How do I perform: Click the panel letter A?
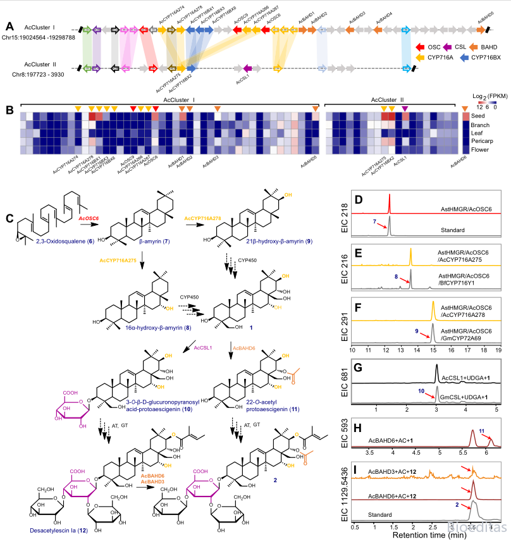point(9,26)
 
